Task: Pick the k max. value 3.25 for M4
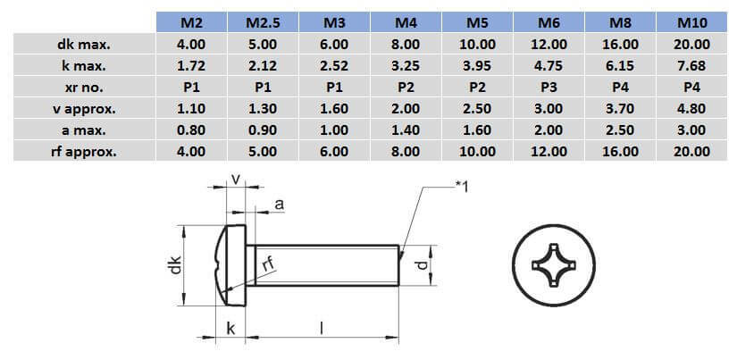406,65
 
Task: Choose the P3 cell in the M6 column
549,87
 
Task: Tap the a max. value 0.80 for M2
190,130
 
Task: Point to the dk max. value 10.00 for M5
477,44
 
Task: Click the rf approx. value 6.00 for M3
334,151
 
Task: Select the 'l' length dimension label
322,328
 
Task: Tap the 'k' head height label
230,329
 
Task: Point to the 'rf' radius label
267,263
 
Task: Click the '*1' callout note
463,185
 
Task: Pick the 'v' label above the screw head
235,180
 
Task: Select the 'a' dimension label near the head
279,205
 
